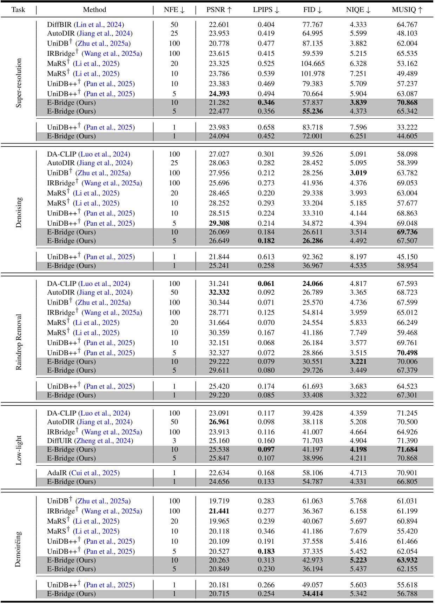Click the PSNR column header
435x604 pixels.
(219, 10)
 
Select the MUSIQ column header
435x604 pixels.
(407, 10)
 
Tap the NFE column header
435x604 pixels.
(174, 10)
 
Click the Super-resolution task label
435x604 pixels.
(19, 83)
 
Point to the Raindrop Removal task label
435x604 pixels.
(19, 342)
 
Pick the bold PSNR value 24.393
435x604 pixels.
(219, 94)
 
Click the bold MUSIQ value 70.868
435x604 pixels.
(407, 102)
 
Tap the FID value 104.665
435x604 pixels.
(312, 64)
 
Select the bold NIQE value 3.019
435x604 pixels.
(358, 173)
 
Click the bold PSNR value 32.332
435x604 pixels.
(219, 292)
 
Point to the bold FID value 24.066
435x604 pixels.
(312, 284)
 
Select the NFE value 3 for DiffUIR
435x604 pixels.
(174, 440)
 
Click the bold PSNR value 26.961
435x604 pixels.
(219, 422)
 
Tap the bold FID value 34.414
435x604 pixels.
(312, 594)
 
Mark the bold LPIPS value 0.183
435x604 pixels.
(266, 551)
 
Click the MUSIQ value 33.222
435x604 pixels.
(407, 127)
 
